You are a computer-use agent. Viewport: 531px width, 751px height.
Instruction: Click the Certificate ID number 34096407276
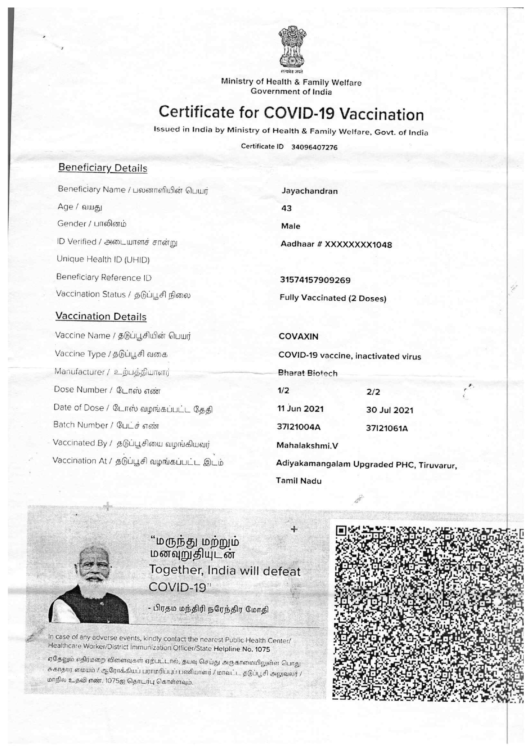pos(314,147)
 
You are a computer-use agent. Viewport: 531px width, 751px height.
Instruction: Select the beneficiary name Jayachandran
pos(310,191)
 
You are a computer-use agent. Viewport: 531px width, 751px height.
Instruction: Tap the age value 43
pos(286,208)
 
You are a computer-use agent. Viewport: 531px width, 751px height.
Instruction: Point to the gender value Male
pos(291,226)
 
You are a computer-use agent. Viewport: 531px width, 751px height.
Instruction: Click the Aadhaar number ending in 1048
pos(336,245)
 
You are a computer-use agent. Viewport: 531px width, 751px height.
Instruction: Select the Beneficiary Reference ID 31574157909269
pos(315,280)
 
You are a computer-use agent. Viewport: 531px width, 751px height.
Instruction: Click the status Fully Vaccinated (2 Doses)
pos(333,298)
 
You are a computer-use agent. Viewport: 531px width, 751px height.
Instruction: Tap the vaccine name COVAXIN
pos(298,337)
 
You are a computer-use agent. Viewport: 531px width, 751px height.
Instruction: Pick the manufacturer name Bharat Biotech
pos(307,373)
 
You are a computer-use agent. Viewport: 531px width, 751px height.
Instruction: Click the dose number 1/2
pos(283,391)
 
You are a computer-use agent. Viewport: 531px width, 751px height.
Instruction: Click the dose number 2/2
pos(373,392)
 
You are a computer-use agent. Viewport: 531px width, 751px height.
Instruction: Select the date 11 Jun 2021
pos(301,409)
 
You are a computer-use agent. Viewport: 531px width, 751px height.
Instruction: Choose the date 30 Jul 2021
pos(390,410)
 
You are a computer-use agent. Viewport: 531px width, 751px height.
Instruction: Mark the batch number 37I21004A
pos(299,427)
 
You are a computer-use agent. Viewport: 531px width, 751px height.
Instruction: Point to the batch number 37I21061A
pos(387,428)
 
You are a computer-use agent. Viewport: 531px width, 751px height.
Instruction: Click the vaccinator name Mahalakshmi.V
pos(307,446)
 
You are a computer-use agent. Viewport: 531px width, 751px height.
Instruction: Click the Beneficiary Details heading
pos(103,168)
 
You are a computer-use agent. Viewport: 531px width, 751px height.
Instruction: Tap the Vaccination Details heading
pos(101,317)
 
